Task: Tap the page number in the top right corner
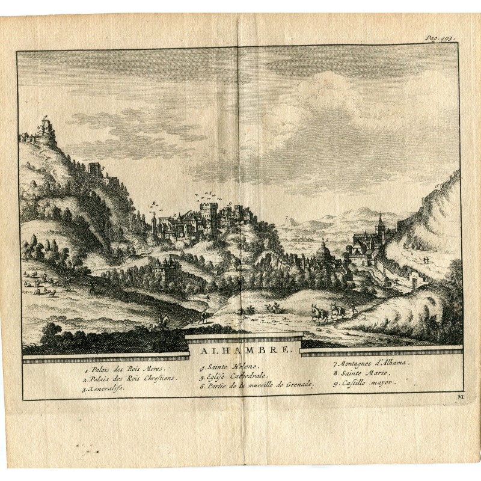pos(440,37)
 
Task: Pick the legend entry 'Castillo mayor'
pos(364,383)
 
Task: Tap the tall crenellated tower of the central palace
pos(208,216)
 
